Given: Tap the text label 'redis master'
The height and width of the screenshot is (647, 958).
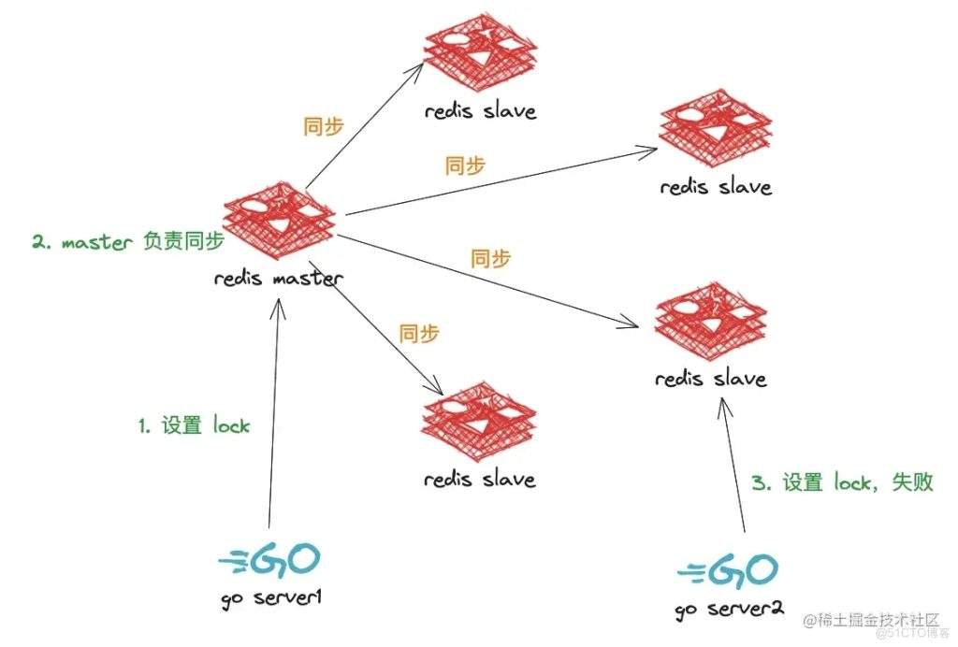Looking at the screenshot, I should pos(279,278).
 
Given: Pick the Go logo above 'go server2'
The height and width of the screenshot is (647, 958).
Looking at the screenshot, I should pos(728,569).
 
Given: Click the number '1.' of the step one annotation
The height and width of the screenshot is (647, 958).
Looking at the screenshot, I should pos(146,425).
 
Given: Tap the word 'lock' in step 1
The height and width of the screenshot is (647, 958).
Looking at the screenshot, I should pos(230,425).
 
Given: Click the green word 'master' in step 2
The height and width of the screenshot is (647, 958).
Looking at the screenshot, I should pos(98,242).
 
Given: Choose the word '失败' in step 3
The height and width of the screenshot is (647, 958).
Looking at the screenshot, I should pos(913,482).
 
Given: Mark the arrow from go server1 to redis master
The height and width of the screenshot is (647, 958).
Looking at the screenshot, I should pos(272,411).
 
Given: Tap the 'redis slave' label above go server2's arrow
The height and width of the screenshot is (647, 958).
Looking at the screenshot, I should pos(711,379).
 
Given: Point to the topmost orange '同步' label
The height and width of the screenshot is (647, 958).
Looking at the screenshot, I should pos(324,127).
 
